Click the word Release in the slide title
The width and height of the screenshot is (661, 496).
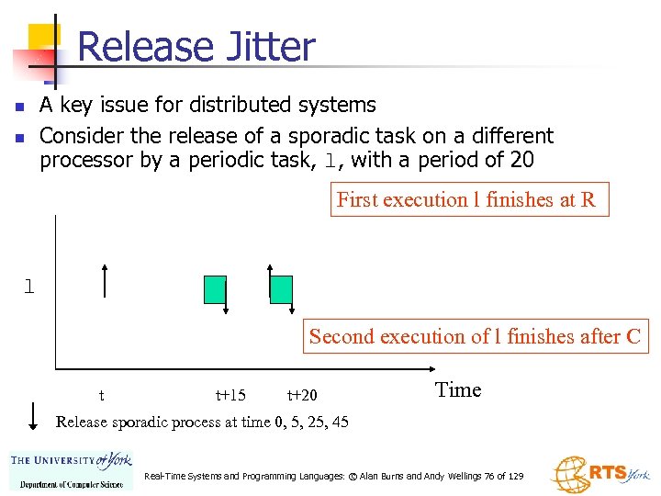(148, 47)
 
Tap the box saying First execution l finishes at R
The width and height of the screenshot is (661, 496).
(469, 200)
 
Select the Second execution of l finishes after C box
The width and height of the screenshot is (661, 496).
(475, 336)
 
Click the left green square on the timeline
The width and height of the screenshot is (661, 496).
(215, 288)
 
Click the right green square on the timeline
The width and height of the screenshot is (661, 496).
(281, 288)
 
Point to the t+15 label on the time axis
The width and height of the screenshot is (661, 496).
(230, 396)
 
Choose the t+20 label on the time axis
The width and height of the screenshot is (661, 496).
(302, 396)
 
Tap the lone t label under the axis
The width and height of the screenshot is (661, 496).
(101, 396)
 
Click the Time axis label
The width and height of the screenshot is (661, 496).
(458, 389)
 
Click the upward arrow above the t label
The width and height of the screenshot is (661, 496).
(105, 279)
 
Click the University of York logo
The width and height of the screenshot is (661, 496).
(71, 470)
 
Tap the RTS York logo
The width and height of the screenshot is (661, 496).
(600, 472)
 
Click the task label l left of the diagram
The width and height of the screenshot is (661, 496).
(29, 287)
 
